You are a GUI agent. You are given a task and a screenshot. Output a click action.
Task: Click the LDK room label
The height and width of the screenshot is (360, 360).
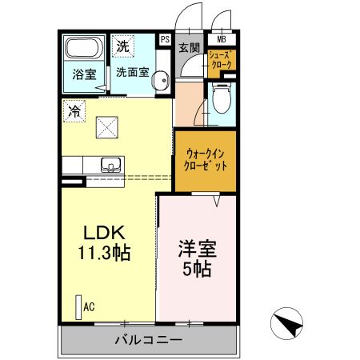click(105, 233)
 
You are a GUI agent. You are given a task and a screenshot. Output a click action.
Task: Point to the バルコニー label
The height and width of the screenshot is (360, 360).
click(148, 340)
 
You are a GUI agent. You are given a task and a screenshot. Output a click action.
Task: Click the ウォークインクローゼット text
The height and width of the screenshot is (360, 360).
click(206, 159)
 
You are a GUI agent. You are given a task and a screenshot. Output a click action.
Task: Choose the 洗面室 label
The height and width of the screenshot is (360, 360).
click(131, 71)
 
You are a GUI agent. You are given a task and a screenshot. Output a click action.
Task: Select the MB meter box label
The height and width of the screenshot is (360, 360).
click(221, 38)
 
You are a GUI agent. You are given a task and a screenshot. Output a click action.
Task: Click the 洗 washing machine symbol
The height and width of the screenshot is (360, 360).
click(122, 46)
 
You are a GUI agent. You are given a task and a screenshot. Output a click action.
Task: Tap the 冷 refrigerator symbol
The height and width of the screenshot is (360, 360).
click(74, 110)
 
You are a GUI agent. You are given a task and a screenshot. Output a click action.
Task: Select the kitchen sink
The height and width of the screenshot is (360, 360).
click(110, 164)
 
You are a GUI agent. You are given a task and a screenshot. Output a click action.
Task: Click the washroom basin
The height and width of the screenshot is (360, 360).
click(161, 80)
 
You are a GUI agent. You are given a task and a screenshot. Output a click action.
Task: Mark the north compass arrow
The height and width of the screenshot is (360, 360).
click(287, 323)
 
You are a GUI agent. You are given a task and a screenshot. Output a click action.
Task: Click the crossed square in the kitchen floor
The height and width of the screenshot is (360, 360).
click(106, 126)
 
